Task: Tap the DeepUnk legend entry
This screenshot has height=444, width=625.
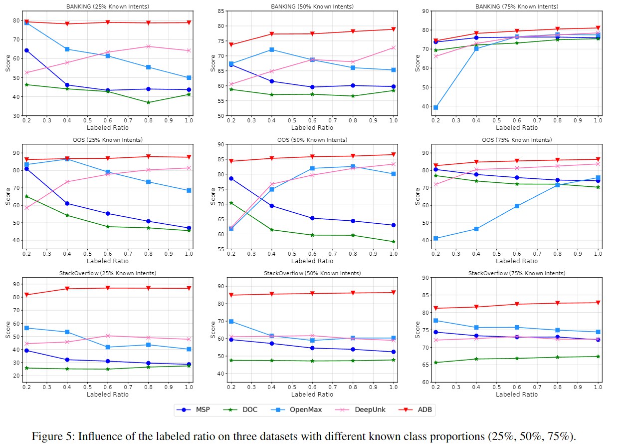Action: pyautogui.click(x=366, y=410)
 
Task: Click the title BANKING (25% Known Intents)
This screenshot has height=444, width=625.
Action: pyautogui.click(x=107, y=6)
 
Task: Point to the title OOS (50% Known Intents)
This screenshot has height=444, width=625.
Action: pyautogui.click(x=312, y=140)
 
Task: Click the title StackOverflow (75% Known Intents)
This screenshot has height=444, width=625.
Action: pyautogui.click(x=517, y=273)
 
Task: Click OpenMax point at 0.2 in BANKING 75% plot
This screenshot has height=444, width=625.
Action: pyautogui.click(x=435, y=107)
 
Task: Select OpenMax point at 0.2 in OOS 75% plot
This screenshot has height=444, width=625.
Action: pyautogui.click(x=435, y=238)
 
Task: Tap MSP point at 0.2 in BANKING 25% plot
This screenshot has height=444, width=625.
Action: pyautogui.click(x=26, y=50)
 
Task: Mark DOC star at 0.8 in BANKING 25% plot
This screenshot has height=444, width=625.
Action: pyautogui.click(x=148, y=102)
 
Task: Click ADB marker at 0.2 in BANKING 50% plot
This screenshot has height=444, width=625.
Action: pyautogui.click(x=231, y=44)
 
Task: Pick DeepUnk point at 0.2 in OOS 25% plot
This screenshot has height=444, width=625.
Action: pyautogui.click(x=26, y=207)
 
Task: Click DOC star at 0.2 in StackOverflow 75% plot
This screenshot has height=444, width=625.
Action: pyautogui.click(x=435, y=362)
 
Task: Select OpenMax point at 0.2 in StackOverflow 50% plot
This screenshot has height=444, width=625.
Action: pyautogui.click(x=231, y=321)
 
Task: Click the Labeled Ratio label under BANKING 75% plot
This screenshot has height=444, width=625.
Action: pyautogui.click(x=517, y=128)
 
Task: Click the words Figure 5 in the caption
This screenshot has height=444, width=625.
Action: pyautogui.click(x=50, y=436)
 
